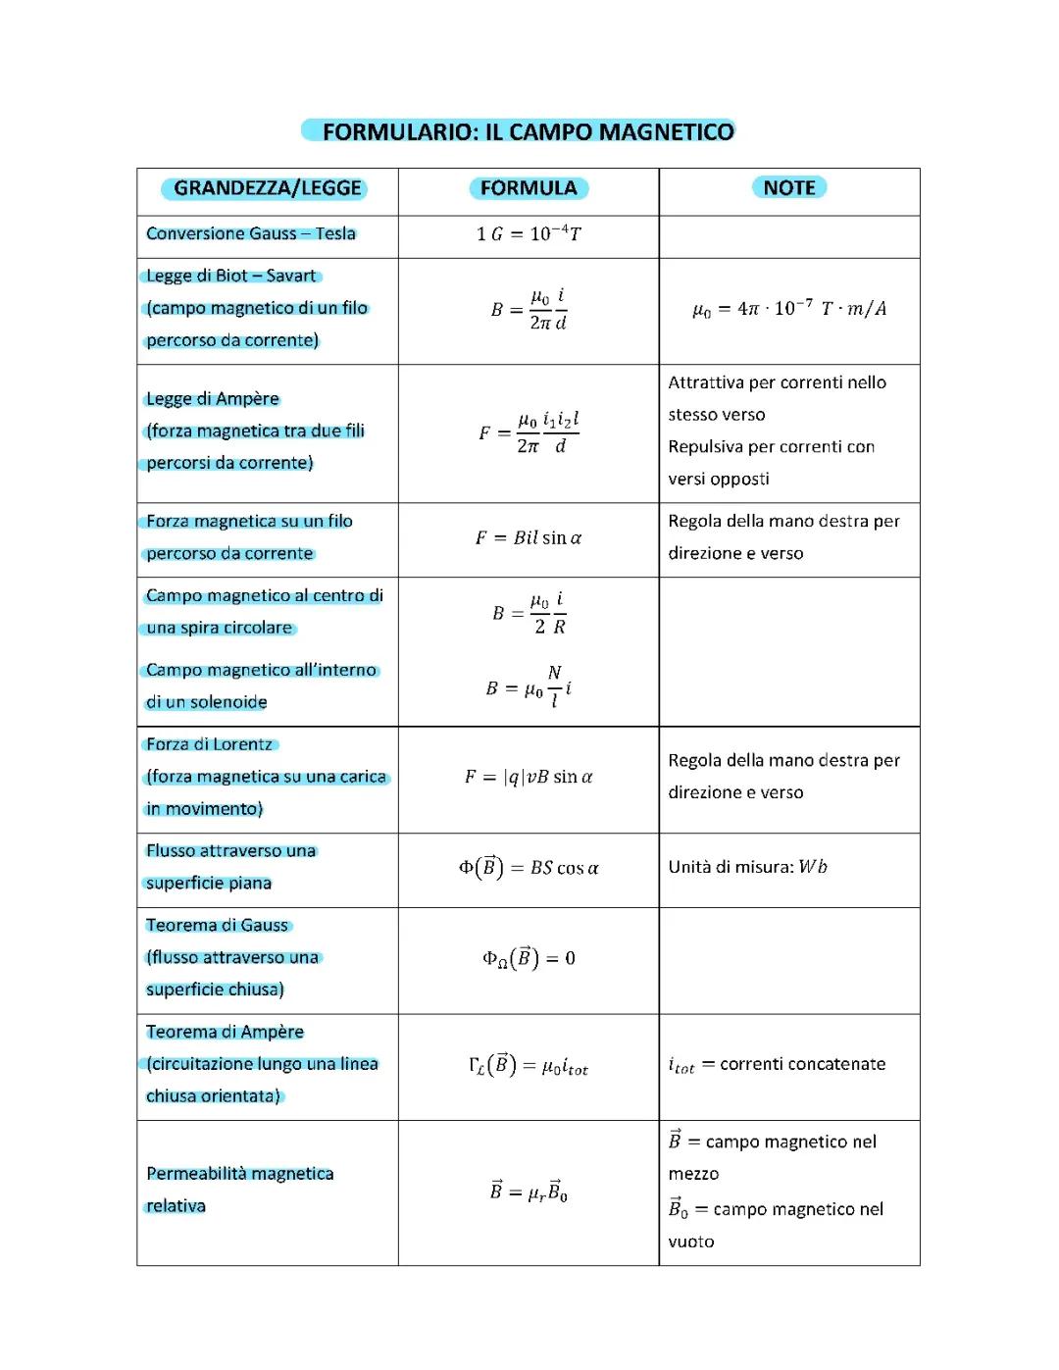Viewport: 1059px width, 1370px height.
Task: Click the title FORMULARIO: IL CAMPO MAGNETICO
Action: click(528, 131)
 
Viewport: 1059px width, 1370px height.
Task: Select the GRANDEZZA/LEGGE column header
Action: click(267, 188)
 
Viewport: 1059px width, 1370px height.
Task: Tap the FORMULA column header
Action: click(529, 188)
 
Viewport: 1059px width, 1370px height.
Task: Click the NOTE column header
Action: click(789, 187)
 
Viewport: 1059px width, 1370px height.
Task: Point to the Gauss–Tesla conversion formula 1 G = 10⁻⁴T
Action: click(529, 234)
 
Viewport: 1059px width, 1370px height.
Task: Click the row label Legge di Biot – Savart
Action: click(231, 277)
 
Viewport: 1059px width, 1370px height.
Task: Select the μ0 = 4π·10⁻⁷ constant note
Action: click(789, 309)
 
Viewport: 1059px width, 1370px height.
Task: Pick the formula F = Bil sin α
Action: click(529, 538)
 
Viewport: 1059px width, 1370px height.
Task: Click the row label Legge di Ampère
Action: click(213, 399)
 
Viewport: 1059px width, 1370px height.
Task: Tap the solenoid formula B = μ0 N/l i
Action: click(529, 687)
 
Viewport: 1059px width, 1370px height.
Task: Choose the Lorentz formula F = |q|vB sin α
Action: click(529, 778)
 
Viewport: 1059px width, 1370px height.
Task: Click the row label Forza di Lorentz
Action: click(210, 744)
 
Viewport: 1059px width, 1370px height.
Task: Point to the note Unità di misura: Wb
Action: click(748, 867)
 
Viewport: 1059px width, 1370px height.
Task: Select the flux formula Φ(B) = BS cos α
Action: click(529, 868)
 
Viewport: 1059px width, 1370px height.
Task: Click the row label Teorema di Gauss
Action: click(218, 926)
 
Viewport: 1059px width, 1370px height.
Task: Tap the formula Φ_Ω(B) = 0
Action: click(529, 958)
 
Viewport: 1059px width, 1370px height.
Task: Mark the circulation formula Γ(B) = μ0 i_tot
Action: click(529, 1066)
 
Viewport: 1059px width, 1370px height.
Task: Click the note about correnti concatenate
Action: click(777, 1065)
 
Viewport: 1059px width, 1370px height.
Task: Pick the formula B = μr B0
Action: click(529, 1192)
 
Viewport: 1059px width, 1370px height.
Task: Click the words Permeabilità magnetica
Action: click(240, 1174)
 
